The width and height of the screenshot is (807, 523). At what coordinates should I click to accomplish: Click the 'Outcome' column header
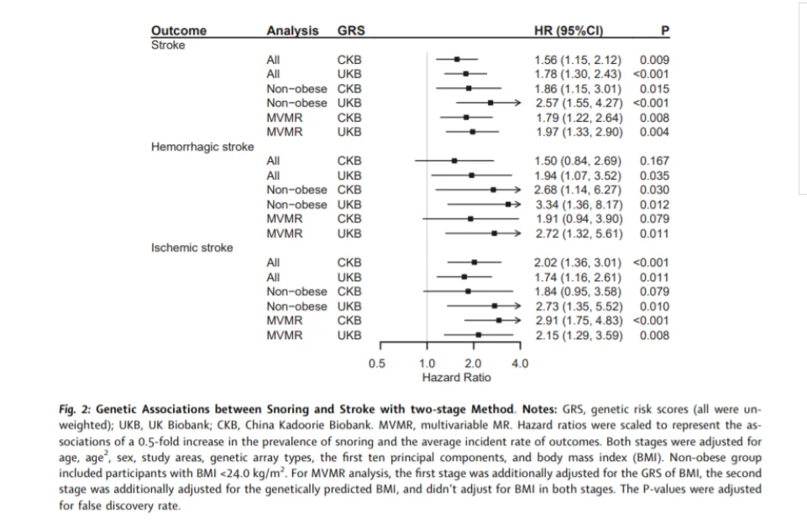(179, 30)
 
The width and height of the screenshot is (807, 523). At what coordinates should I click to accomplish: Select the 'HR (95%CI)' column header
(569, 30)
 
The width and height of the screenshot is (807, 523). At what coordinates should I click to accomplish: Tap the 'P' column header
(665, 30)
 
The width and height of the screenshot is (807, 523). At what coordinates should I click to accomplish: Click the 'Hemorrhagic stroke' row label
(202, 147)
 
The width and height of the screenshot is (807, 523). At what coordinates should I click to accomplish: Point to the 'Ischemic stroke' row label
(191, 248)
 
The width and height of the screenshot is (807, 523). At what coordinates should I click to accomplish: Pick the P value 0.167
(654, 161)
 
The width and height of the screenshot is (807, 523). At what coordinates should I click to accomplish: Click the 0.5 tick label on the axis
(377, 363)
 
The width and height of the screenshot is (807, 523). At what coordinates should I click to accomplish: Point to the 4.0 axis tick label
(520, 363)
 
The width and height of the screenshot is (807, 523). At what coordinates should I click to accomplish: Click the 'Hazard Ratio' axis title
(457, 378)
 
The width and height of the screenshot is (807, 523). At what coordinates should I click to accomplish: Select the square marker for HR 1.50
(454, 161)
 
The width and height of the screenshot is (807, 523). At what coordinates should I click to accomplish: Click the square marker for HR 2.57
(490, 103)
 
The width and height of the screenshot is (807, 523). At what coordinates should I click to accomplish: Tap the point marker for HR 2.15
(479, 335)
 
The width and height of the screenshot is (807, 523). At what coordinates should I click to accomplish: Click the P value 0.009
(654, 60)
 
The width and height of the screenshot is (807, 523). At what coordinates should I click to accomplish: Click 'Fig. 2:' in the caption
(75, 410)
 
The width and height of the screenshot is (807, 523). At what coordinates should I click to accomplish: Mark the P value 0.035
(654, 175)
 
